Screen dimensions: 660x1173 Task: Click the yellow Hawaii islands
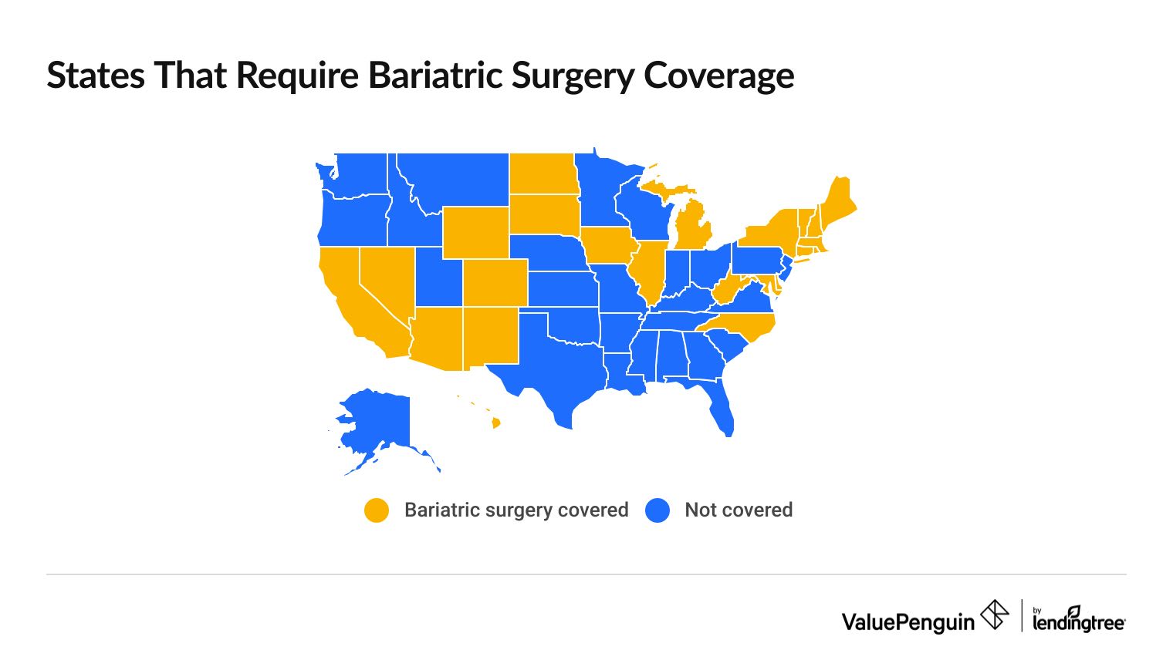[x=495, y=423]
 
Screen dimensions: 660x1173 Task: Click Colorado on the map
[x=495, y=282]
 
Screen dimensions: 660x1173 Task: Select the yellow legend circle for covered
[x=377, y=510]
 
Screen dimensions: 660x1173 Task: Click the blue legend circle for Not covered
[x=657, y=510]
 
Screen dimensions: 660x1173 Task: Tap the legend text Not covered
[x=739, y=510]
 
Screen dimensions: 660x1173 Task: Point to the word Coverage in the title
[x=718, y=76]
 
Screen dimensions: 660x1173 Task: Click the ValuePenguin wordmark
[x=908, y=621]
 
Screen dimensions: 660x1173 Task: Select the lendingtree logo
[x=1078, y=620]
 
